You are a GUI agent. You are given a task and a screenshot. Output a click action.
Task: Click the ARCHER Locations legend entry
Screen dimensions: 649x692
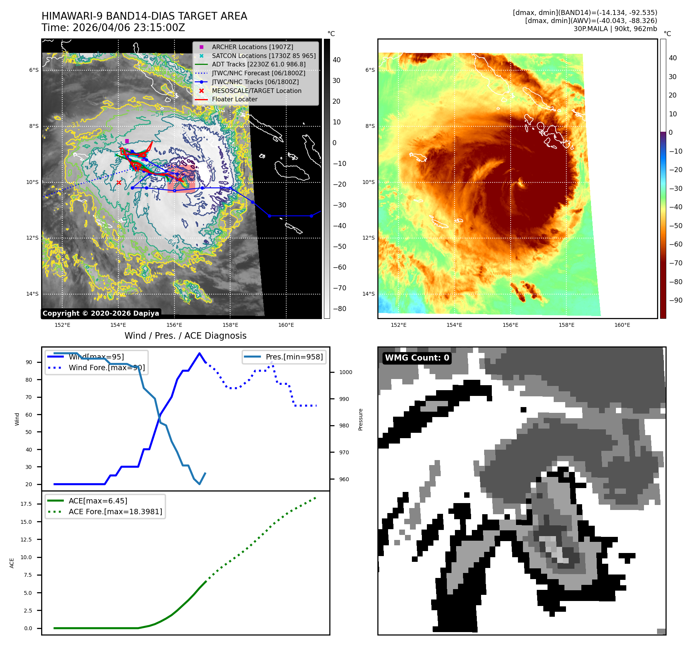[x=252, y=47]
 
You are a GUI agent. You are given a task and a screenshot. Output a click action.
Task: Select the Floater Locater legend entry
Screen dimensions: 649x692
[x=234, y=99]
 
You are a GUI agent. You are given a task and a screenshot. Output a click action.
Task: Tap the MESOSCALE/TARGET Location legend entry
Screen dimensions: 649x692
[x=256, y=91]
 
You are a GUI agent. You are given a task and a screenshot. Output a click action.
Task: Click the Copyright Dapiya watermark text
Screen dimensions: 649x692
[x=101, y=313]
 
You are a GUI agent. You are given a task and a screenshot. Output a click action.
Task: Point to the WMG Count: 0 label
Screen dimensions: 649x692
[x=417, y=358]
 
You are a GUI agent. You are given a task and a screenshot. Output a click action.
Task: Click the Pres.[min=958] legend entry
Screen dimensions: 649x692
[x=294, y=357]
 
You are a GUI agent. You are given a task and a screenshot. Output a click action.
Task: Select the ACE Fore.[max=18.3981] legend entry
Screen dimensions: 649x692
[x=115, y=512]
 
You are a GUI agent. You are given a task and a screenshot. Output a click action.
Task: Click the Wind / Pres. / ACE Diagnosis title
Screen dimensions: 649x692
[x=185, y=336]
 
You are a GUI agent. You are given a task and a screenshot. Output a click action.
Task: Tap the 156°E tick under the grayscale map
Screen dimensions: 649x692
[x=174, y=325]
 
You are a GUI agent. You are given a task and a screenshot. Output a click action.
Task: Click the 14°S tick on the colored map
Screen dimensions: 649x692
[x=368, y=294]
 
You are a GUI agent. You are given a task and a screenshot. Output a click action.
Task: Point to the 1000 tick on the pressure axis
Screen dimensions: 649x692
[x=345, y=372]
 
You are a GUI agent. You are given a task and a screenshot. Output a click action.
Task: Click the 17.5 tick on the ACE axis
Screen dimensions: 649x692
[x=26, y=504]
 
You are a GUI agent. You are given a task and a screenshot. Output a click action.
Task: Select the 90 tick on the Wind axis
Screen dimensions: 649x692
[x=29, y=362]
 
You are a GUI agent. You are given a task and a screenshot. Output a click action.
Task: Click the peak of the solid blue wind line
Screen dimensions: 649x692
[x=199, y=353]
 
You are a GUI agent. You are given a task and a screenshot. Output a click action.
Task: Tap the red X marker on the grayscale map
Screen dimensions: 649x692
[x=119, y=183]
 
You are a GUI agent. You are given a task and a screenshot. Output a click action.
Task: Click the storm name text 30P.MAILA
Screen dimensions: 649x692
[x=591, y=29]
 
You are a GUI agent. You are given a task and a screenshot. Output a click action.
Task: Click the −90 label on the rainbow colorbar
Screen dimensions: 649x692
[x=675, y=300]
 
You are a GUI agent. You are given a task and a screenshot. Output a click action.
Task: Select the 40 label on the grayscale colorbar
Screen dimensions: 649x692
[x=337, y=60]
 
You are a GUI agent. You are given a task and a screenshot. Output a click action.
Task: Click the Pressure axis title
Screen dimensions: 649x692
[x=360, y=419]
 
